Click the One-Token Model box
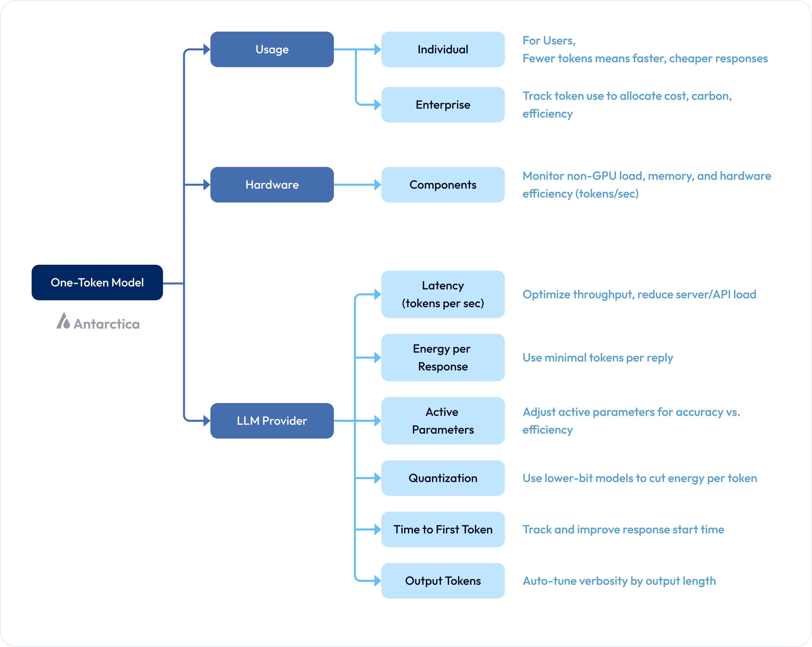coord(97,283)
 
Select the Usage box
coord(272,49)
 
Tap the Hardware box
coord(272,184)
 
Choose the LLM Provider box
coord(272,421)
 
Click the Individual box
coord(443,49)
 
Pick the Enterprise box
coord(443,105)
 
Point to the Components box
coord(443,184)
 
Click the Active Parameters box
coord(443,421)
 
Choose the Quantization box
coord(443,478)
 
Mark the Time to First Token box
coord(443,529)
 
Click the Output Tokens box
coord(443,581)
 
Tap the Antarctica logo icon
coord(63,321)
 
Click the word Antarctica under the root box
coord(107,324)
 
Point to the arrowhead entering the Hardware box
coord(206,184)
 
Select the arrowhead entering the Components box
coord(377,184)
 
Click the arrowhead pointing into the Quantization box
coord(377,478)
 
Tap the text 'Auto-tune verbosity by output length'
coord(619,581)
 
